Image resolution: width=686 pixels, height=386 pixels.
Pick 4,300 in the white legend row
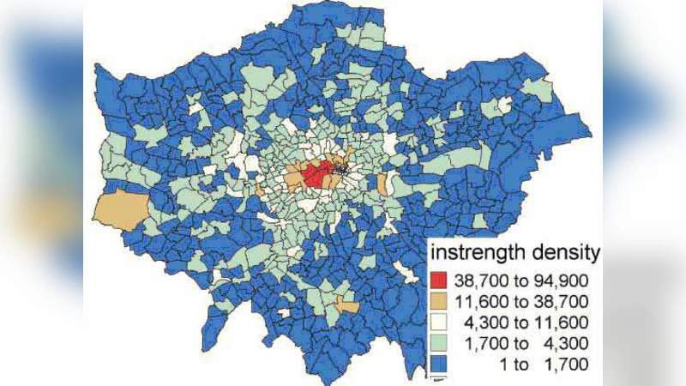click(x=485, y=323)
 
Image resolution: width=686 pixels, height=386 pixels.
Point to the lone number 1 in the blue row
click(x=502, y=365)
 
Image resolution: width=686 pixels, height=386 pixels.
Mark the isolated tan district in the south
click(x=346, y=304)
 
